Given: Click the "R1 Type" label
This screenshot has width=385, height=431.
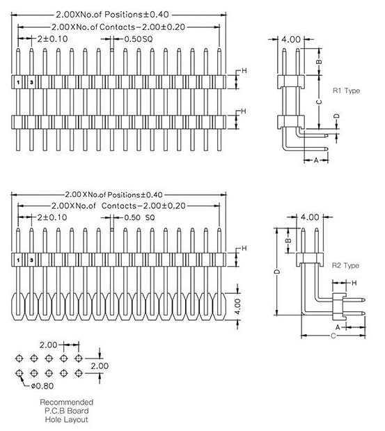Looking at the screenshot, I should point(345,91).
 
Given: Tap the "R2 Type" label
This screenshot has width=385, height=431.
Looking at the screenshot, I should point(345,265).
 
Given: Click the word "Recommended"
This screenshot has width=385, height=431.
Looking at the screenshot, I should point(67,402).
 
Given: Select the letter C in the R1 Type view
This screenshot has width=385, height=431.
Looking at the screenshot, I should point(319,102).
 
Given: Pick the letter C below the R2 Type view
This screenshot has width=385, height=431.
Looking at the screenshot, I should point(333,335).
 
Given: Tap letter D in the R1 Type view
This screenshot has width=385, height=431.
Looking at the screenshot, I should point(336,116).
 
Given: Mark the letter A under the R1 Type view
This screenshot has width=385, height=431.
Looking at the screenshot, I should point(315,161).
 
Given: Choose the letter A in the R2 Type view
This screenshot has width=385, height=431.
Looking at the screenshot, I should point(338,326).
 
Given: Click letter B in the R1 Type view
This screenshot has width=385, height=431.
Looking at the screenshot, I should point(319,61).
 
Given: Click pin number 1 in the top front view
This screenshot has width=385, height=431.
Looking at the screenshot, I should point(18,82).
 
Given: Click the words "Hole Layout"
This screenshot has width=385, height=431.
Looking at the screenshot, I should point(67,419).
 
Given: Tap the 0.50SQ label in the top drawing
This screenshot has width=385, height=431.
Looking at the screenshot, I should point(138,39).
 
